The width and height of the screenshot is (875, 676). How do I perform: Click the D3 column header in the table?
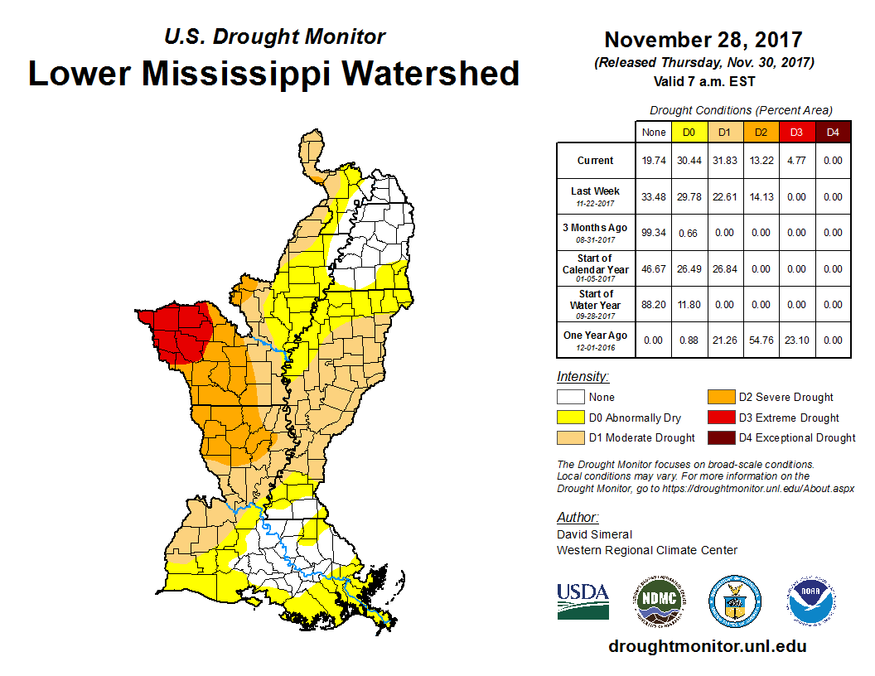click(795, 133)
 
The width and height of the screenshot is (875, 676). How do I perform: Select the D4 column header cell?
click(833, 133)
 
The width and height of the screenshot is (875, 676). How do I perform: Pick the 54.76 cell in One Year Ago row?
click(760, 340)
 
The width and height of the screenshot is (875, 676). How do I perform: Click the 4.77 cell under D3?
click(795, 161)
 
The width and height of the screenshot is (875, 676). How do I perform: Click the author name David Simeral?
click(594, 534)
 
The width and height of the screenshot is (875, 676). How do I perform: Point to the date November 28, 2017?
click(703, 40)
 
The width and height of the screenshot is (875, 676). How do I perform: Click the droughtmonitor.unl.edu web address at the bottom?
click(707, 646)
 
